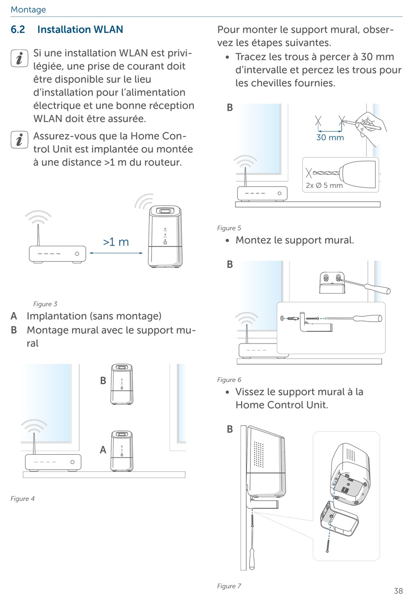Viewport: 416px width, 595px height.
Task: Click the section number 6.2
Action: click(x=18, y=30)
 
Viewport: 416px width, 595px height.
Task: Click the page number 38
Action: click(x=398, y=591)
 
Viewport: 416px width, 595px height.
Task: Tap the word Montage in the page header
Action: click(x=28, y=10)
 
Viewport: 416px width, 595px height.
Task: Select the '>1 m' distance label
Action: click(x=116, y=242)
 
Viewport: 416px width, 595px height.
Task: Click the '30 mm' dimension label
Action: click(x=330, y=138)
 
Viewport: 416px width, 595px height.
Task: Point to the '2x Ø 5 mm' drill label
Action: click(x=324, y=185)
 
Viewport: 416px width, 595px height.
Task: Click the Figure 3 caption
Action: click(x=45, y=304)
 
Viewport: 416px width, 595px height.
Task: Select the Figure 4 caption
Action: click(x=22, y=499)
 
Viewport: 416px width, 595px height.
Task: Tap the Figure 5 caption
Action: click(x=229, y=228)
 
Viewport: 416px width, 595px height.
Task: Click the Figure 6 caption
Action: click(x=229, y=380)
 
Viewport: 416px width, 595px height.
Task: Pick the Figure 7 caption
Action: click(x=229, y=586)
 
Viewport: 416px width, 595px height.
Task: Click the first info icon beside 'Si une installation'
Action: click(x=19, y=59)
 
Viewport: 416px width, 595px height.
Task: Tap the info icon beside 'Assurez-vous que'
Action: click(x=19, y=140)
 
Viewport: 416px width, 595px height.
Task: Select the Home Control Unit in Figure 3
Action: click(x=165, y=237)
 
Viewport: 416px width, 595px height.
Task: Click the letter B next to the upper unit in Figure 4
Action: click(x=103, y=381)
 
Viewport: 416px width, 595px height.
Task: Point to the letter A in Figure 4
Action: click(x=103, y=450)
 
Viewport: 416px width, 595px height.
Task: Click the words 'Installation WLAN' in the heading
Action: click(x=80, y=30)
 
